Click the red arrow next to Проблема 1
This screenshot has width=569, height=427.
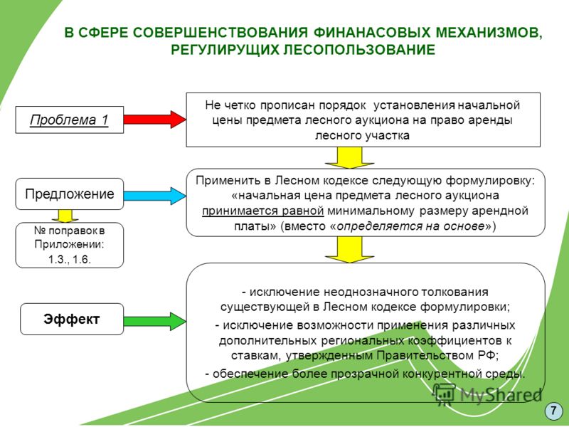[x=155, y=120]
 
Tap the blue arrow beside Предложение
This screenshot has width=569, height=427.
[x=155, y=196]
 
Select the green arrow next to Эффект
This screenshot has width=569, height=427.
[x=155, y=321]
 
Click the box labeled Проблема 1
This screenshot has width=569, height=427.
[x=69, y=120]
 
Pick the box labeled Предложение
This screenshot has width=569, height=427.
[x=69, y=194]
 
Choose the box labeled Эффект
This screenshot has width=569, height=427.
[x=72, y=319]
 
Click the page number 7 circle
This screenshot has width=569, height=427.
[x=553, y=411]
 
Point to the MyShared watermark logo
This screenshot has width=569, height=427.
[x=487, y=394]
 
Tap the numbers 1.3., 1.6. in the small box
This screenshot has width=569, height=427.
[x=69, y=260]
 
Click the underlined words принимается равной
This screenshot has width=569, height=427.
[x=262, y=211]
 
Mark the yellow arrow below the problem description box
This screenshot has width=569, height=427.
[x=349, y=158]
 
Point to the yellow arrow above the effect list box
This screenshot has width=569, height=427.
[x=349, y=250]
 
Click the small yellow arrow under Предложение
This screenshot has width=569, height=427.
[x=65, y=216]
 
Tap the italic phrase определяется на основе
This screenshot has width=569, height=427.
[x=411, y=226]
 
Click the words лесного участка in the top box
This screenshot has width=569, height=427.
[x=362, y=135]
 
